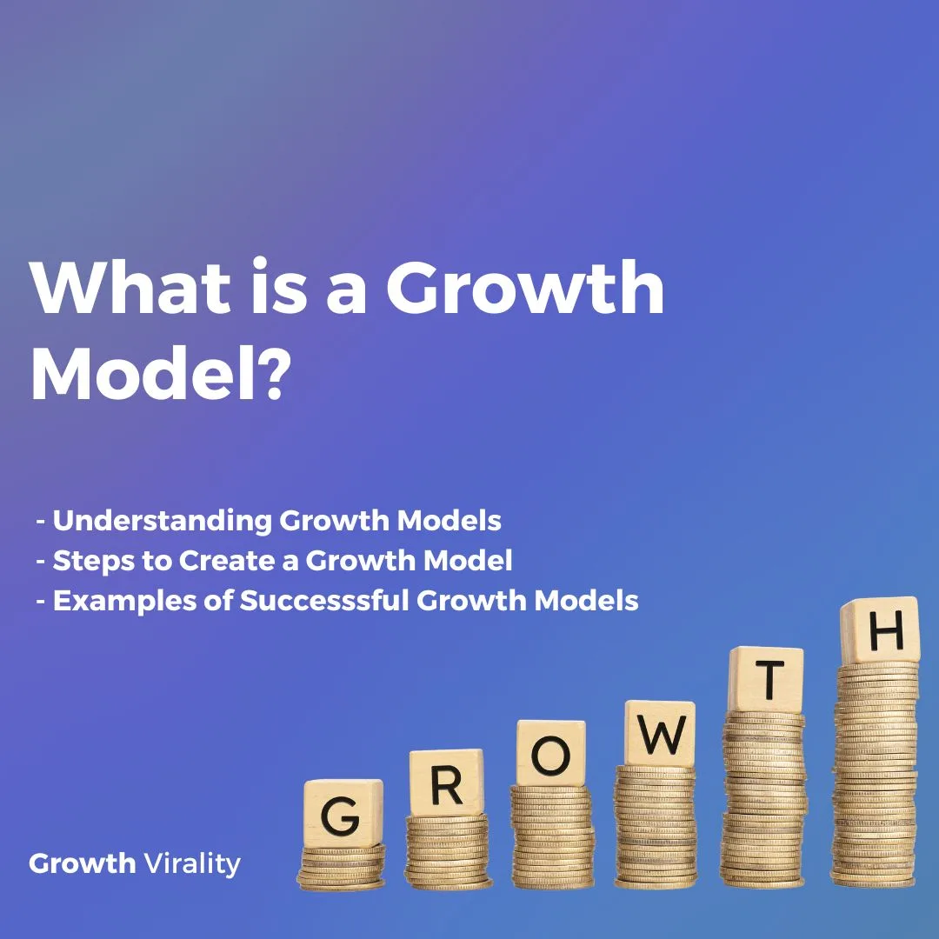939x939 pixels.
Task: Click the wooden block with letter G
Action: coord(343,814)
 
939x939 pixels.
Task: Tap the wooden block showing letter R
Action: coord(446,783)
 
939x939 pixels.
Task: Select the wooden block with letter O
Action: coord(550,753)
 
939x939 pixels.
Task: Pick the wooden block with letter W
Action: coord(660,734)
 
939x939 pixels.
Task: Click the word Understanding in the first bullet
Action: coord(162,521)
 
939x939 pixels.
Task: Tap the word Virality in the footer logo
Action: coord(192,863)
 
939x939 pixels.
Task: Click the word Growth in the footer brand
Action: coord(83,863)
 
